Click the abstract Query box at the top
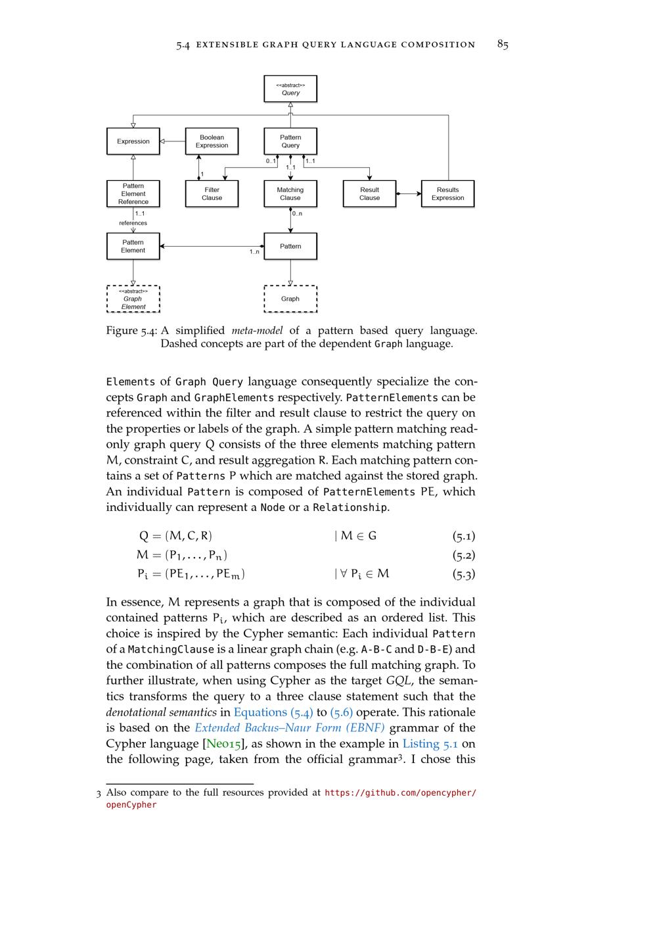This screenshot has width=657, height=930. coord(290,89)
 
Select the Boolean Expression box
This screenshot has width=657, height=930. coord(212,141)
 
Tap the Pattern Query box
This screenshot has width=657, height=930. coord(290,141)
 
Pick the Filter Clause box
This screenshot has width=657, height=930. coord(212,194)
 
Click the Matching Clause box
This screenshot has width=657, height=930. coord(290,194)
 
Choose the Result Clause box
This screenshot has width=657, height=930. coord(369,194)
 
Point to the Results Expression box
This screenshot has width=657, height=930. coord(447,194)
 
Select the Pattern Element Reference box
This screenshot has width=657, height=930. coord(133,194)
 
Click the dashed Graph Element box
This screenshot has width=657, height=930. coord(133,299)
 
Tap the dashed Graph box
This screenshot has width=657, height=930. coord(290,299)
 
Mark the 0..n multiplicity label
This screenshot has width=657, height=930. coord(298,214)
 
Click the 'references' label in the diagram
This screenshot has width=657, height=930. coord(133,223)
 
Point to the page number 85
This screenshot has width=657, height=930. coord(503,45)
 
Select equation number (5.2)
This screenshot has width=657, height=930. coord(463,555)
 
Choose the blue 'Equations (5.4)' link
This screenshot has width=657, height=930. coord(273,712)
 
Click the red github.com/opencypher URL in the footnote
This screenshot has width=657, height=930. coord(400,793)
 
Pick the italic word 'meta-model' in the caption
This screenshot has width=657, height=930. coord(257,331)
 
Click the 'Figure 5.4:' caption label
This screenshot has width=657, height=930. coord(131,331)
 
